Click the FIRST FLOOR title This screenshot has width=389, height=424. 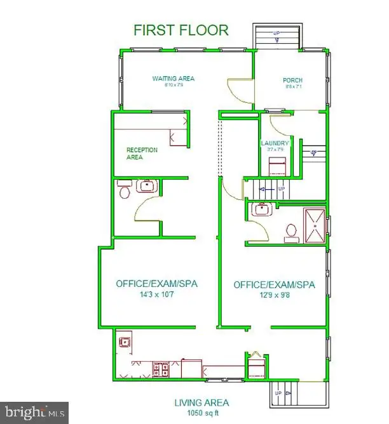(x=181, y=30)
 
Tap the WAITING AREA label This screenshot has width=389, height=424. (x=173, y=79)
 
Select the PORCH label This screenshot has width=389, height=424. (x=293, y=80)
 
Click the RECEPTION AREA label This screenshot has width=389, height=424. (x=142, y=154)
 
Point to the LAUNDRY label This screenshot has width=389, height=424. (x=275, y=143)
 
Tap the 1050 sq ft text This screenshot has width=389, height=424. (x=201, y=413)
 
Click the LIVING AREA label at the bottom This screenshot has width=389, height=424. (x=201, y=402)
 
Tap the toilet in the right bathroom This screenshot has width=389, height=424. (x=291, y=231)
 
